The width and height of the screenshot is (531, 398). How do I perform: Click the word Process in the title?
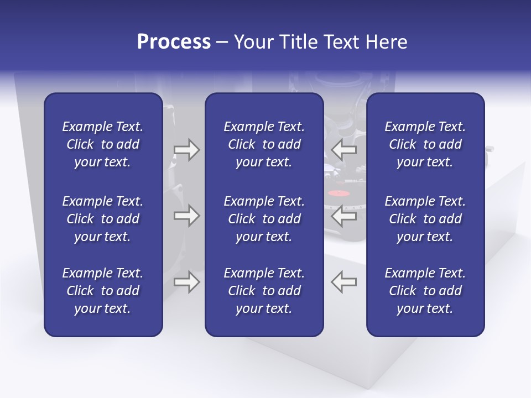(174, 42)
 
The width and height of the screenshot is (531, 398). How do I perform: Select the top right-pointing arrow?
(186, 150)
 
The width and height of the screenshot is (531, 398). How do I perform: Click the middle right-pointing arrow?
(186, 216)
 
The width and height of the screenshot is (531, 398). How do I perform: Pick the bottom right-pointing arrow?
(186, 281)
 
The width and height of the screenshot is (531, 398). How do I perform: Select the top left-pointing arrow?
(344, 150)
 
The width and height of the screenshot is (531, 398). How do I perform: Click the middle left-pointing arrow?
(344, 216)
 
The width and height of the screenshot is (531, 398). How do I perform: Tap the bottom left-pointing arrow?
(344, 281)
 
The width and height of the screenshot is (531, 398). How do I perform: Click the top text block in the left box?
(103, 144)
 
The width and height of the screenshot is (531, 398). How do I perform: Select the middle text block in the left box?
(103, 219)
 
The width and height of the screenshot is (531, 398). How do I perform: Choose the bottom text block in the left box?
(103, 291)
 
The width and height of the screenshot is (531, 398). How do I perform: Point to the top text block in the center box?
(264, 144)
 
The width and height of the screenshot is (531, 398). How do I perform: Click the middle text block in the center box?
(264, 219)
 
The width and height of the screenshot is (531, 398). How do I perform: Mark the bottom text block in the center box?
(264, 291)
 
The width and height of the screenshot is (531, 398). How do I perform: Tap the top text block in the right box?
(425, 144)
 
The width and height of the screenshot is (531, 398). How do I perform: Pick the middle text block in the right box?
(425, 219)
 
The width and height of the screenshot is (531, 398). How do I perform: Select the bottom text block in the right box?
(425, 291)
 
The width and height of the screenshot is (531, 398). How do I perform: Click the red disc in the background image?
(337, 194)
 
